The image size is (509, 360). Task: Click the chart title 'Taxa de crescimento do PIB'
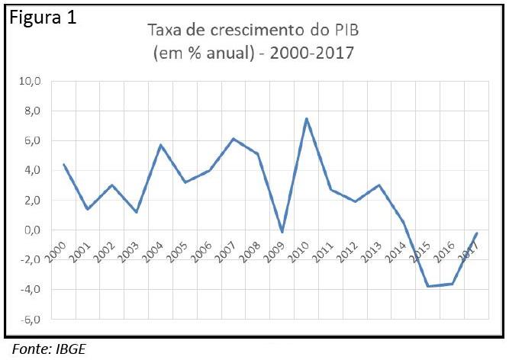(x=253, y=32)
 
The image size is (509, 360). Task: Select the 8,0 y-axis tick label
(x=37, y=111)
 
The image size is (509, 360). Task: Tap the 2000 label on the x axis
(x=56, y=252)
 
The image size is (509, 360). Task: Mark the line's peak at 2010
(x=306, y=118)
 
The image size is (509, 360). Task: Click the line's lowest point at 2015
(x=427, y=286)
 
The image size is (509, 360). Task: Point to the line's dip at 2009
(x=282, y=233)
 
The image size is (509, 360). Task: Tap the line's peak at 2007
(x=234, y=139)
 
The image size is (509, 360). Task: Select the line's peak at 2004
(x=160, y=145)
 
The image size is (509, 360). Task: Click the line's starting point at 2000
(x=64, y=165)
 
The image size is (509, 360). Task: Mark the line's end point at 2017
(x=477, y=233)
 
